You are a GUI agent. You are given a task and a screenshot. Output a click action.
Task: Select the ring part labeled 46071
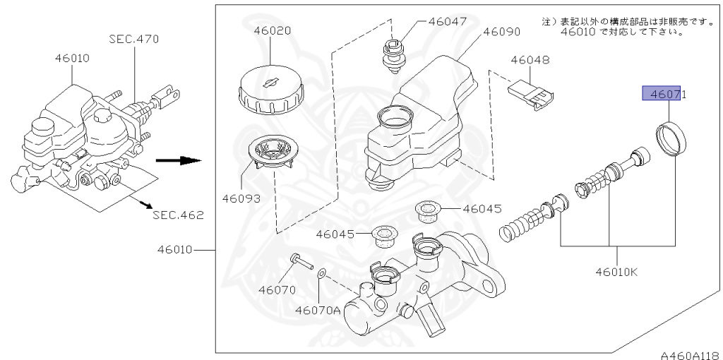[x=673, y=139]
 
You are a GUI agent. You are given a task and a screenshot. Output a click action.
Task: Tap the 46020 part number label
[x=272, y=32]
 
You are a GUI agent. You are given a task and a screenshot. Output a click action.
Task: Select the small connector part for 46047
[x=393, y=56]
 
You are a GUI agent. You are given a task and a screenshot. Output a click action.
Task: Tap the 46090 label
[x=502, y=32]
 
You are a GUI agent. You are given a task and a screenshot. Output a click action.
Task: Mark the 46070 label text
[x=276, y=289]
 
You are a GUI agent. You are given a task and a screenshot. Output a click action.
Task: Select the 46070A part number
[x=318, y=309]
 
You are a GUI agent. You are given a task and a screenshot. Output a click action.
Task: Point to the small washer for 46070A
[x=321, y=272]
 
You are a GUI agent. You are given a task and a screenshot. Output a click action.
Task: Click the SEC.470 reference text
[x=134, y=39]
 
